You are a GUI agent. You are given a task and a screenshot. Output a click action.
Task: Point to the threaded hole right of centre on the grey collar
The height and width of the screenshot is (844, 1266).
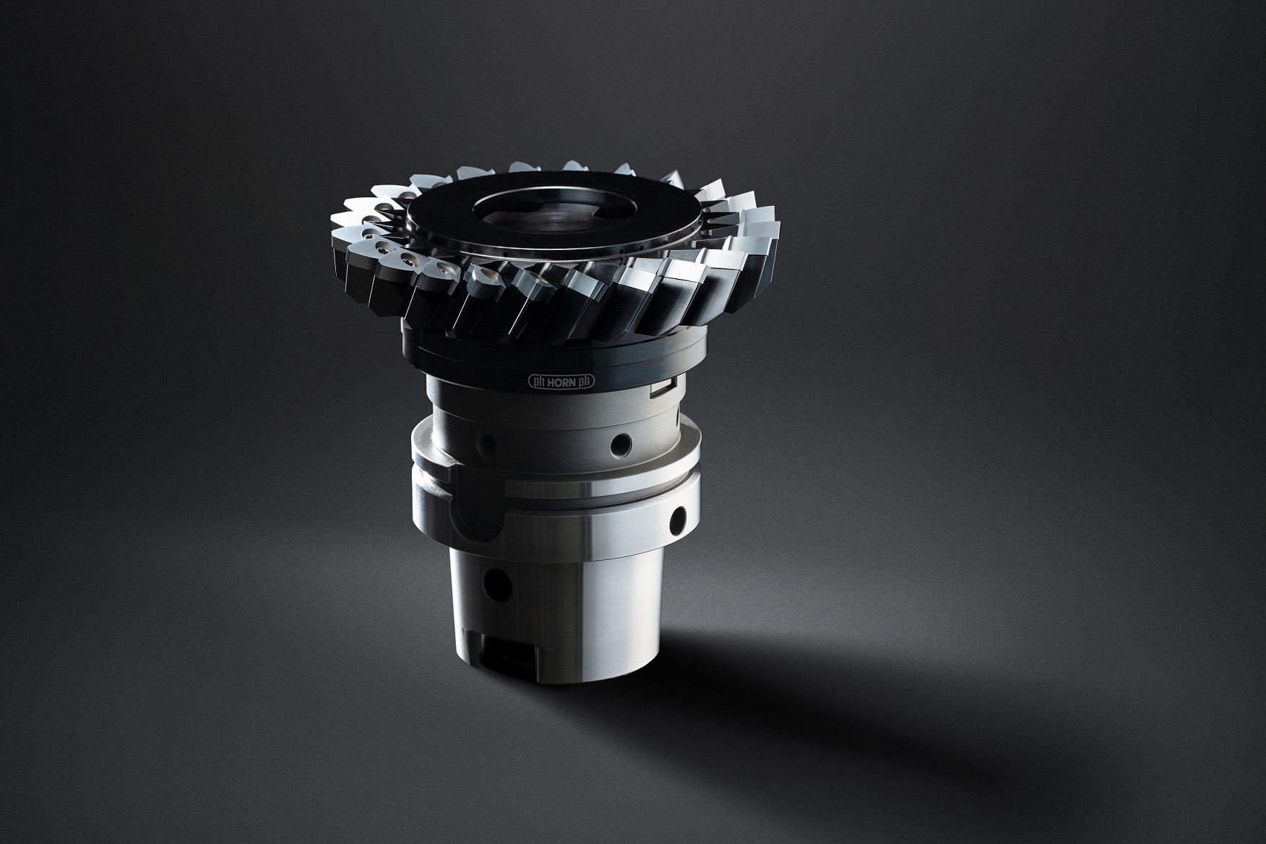pyautogui.click(x=619, y=442)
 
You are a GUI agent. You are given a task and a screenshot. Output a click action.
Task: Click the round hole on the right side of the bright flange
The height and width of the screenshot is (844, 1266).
pyautogui.click(x=678, y=519)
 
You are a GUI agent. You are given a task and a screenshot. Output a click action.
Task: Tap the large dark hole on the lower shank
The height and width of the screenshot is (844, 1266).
pyautogui.click(x=496, y=579)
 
